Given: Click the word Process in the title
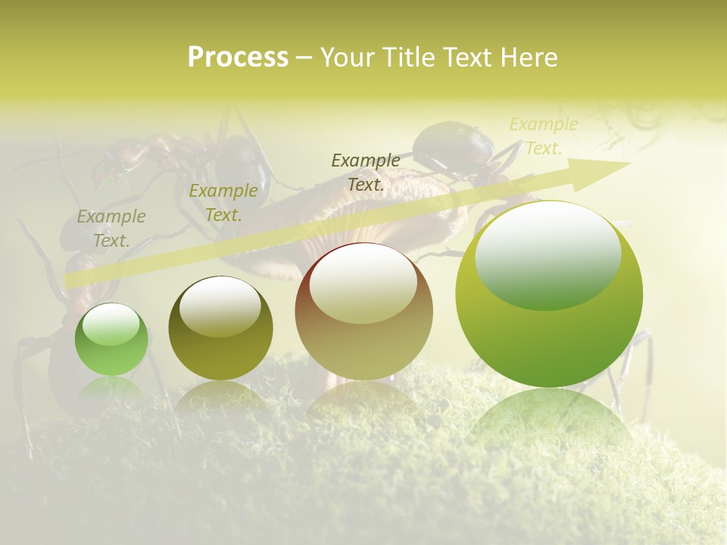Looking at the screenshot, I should pyautogui.click(x=238, y=58).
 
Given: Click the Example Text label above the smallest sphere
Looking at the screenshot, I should pyautogui.click(x=111, y=229).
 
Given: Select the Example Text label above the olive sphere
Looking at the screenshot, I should pyautogui.click(x=223, y=203).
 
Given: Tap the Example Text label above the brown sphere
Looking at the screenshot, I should pyautogui.click(x=366, y=172).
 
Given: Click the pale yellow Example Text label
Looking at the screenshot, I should pyautogui.click(x=543, y=136).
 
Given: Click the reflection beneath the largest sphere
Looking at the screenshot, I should pyautogui.click(x=549, y=416).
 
